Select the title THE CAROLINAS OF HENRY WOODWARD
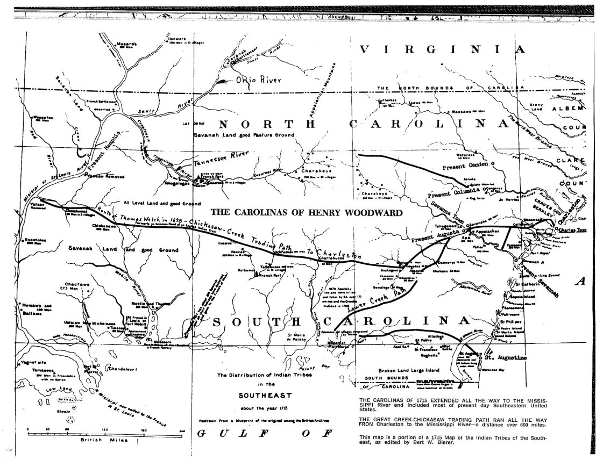tap(306, 212)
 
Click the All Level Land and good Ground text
tap(161, 204)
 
